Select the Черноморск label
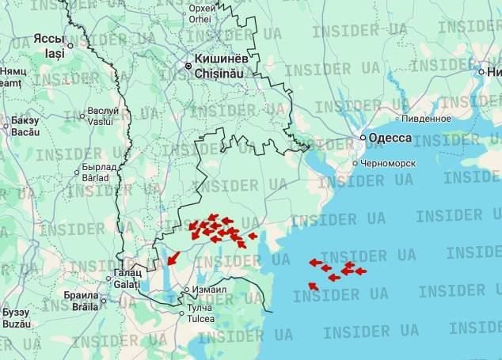click(387, 163)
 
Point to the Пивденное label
click(426, 119)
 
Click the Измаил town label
click(211, 290)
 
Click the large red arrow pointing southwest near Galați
click(172, 258)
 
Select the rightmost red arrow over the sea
click(360, 271)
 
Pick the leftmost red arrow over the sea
click(314, 262)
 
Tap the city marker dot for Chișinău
click(188, 66)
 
